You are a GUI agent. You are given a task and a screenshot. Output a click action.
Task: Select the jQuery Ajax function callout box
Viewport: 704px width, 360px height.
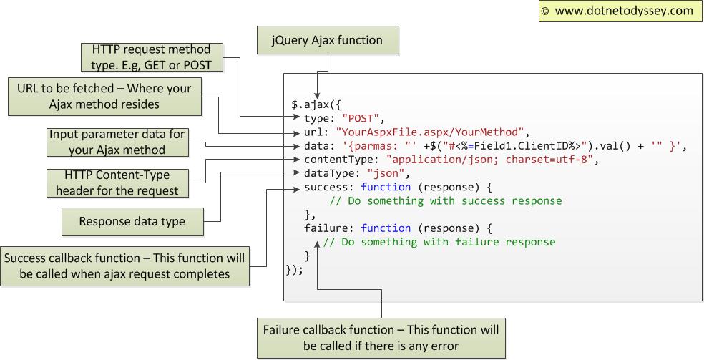click(327, 40)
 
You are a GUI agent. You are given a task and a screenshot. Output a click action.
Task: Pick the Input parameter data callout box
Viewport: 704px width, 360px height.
click(117, 142)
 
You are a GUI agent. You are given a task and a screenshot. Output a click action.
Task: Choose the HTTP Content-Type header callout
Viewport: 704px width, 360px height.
click(117, 183)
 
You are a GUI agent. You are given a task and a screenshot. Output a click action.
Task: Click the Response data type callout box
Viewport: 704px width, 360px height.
click(132, 221)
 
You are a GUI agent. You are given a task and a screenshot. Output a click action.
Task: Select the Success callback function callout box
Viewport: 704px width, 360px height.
click(125, 266)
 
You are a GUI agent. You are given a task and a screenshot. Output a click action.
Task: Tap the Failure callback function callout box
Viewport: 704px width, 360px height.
click(381, 338)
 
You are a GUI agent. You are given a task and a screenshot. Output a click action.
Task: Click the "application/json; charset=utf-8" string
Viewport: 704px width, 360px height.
click(490, 160)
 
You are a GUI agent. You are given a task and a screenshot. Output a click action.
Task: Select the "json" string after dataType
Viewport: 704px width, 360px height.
click(387, 173)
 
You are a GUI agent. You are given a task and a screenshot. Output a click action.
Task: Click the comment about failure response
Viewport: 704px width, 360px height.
click(439, 242)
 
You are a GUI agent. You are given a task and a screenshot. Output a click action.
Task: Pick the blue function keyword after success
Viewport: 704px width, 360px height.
click(386, 187)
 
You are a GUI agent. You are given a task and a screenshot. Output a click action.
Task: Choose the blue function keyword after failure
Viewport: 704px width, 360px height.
click(386, 228)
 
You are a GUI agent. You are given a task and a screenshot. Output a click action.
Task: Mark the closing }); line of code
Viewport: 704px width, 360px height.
click(295, 269)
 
